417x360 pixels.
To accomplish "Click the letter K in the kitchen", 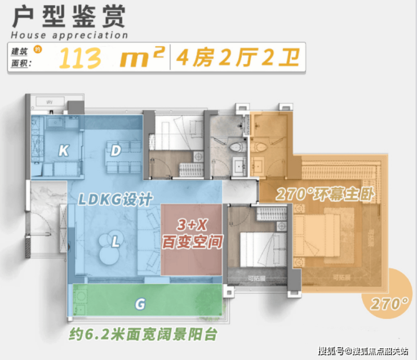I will (64, 150).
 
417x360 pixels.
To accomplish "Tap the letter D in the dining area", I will (116, 150).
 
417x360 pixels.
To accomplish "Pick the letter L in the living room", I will (115, 242).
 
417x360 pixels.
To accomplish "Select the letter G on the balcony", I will (141, 305).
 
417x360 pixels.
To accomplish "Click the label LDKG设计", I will (115, 199).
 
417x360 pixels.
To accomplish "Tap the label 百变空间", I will (192, 243).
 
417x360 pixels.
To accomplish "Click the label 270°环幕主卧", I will (326, 194).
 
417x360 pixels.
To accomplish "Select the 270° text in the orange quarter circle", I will (389, 304).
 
